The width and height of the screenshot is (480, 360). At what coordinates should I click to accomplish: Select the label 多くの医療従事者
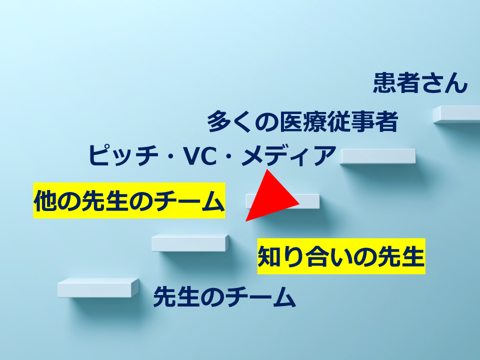coord(302,122)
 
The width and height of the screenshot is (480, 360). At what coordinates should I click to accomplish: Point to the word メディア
coord(286,155)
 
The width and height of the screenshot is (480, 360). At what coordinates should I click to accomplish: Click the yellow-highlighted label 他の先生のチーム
coord(128,201)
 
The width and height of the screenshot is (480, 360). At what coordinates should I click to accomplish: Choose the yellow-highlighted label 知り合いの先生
coord(341,256)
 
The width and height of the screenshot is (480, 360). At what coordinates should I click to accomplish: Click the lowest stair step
coord(97,288)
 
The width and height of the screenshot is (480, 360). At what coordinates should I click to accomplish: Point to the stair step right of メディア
coord(378,156)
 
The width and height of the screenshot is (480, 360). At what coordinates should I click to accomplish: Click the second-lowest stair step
coord(190,243)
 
